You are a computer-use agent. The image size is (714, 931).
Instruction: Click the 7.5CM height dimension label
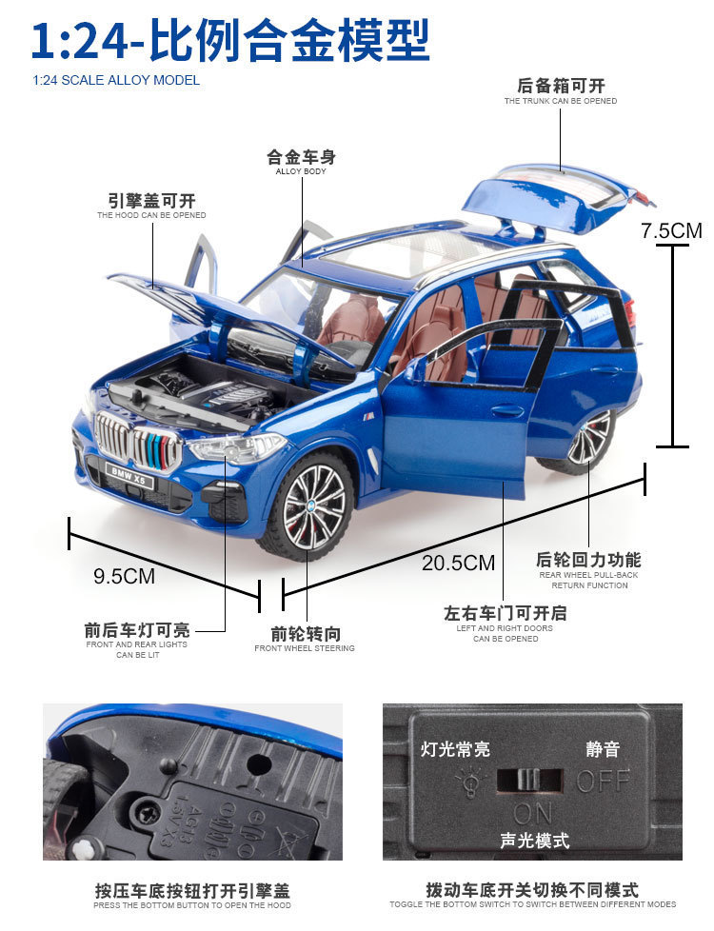tap(671, 230)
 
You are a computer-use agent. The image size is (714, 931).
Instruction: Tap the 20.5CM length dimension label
tap(458, 563)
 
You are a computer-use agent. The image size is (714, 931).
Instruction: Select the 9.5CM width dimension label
tap(124, 575)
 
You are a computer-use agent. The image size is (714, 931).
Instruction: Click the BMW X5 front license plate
tap(129, 474)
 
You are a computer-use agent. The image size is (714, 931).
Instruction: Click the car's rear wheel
tap(589, 440)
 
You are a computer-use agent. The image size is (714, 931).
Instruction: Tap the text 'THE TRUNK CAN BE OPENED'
tap(561, 101)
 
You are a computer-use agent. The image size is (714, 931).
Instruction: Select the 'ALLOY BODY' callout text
tap(301, 171)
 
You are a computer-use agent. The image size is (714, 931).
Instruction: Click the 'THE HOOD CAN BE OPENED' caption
tap(151, 215)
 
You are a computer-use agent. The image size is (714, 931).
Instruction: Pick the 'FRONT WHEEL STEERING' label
tap(305, 648)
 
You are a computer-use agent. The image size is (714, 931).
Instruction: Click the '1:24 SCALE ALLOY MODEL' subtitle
tap(116, 80)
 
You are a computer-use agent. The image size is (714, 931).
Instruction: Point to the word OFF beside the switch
tap(603, 781)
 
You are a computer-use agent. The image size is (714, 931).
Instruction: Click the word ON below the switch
tap(534, 814)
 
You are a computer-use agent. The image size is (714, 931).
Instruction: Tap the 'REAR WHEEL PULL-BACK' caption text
tap(588, 575)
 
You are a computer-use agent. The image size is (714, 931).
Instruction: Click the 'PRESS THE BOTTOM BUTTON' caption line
tap(192, 905)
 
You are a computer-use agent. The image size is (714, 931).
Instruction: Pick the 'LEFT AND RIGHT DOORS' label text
tap(505, 628)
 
